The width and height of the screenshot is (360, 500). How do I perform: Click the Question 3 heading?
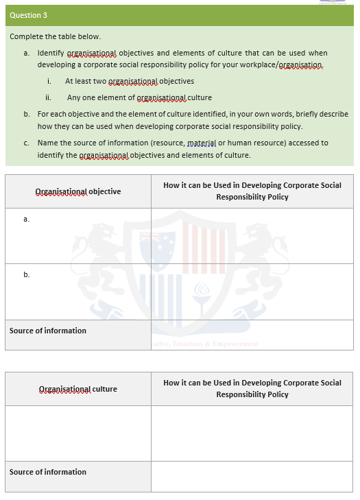pyautogui.click(x=29, y=15)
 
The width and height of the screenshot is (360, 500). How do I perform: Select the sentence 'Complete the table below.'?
pyautogui.click(x=55, y=36)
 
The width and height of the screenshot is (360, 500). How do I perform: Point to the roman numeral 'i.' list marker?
pyautogui.click(x=49, y=81)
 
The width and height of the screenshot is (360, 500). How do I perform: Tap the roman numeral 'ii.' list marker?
pyautogui.click(x=49, y=97)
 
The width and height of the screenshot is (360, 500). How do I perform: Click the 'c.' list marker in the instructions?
pyautogui.click(x=26, y=143)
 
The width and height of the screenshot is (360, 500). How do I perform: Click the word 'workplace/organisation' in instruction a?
pyautogui.click(x=285, y=64)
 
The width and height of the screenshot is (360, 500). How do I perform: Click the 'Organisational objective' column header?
pyautogui.click(x=77, y=191)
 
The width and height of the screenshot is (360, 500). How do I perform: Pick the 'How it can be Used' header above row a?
pyautogui.click(x=252, y=191)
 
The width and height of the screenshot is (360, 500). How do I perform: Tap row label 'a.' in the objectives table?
pyautogui.click(x=26, y=219)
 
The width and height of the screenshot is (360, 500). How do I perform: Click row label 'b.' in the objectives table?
pyautogui.click(x=26, y=274)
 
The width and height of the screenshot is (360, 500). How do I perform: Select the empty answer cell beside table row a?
pyautogui.click(x=252, y=235)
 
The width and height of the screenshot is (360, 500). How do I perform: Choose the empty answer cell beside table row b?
pyautogui.click(x=252, y=291)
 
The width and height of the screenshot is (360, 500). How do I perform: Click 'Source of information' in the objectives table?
pyautogui.click(x=48, y=331)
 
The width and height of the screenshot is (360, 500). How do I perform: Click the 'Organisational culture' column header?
pyautogui.click(x=77, y=389)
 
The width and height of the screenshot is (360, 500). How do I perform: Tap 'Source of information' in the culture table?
pyautogui.click(x=48, y=472)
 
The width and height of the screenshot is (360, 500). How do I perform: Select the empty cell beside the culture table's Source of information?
pyautogui.click(x=252, y=476)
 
